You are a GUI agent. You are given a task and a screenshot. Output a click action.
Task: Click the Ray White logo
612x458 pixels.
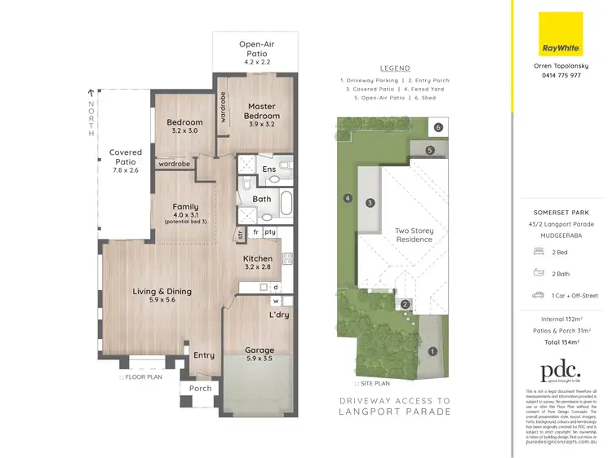561,34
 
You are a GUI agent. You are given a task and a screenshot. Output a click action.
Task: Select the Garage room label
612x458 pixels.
260,355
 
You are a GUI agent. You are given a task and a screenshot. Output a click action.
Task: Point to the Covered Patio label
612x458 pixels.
126,157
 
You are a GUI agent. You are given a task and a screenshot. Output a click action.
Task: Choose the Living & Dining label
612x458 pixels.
162,294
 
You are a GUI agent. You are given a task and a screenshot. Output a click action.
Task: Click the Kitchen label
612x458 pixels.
258,262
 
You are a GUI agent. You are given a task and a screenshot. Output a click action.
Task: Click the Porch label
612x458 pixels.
201,388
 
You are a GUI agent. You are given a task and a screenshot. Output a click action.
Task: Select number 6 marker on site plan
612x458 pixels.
438,128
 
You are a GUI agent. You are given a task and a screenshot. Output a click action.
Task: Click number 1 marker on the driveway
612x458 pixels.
432,352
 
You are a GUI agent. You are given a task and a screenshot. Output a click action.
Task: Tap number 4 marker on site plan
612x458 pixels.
347,198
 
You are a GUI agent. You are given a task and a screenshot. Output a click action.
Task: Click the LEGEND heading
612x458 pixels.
395,68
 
